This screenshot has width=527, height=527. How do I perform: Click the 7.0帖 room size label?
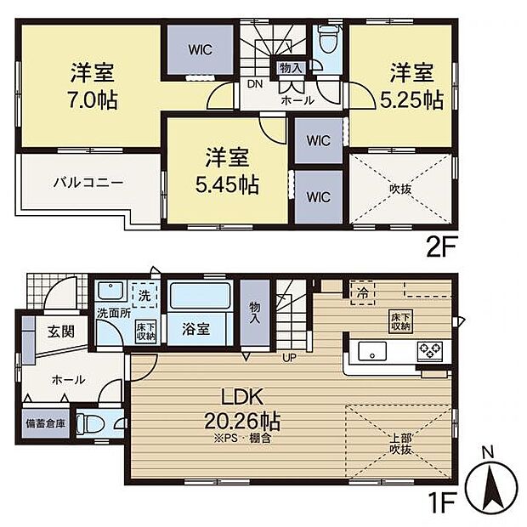pyautogui.click(x=93, y=99)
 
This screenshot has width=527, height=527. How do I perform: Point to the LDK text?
pyautogui.click(x=242, y=397)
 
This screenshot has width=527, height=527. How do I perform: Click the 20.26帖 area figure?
pyautogui.click(x=242, y=421)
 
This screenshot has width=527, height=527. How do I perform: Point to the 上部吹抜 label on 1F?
pyautogui.click(x=400, y=443)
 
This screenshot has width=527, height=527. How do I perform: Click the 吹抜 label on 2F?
pyautogui.click(x=399, y=189)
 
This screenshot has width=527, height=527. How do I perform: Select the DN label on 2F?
pyautogui.click(x=254, y=84)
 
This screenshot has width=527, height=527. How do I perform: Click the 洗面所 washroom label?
pyautogui.click(x=113, y=312)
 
